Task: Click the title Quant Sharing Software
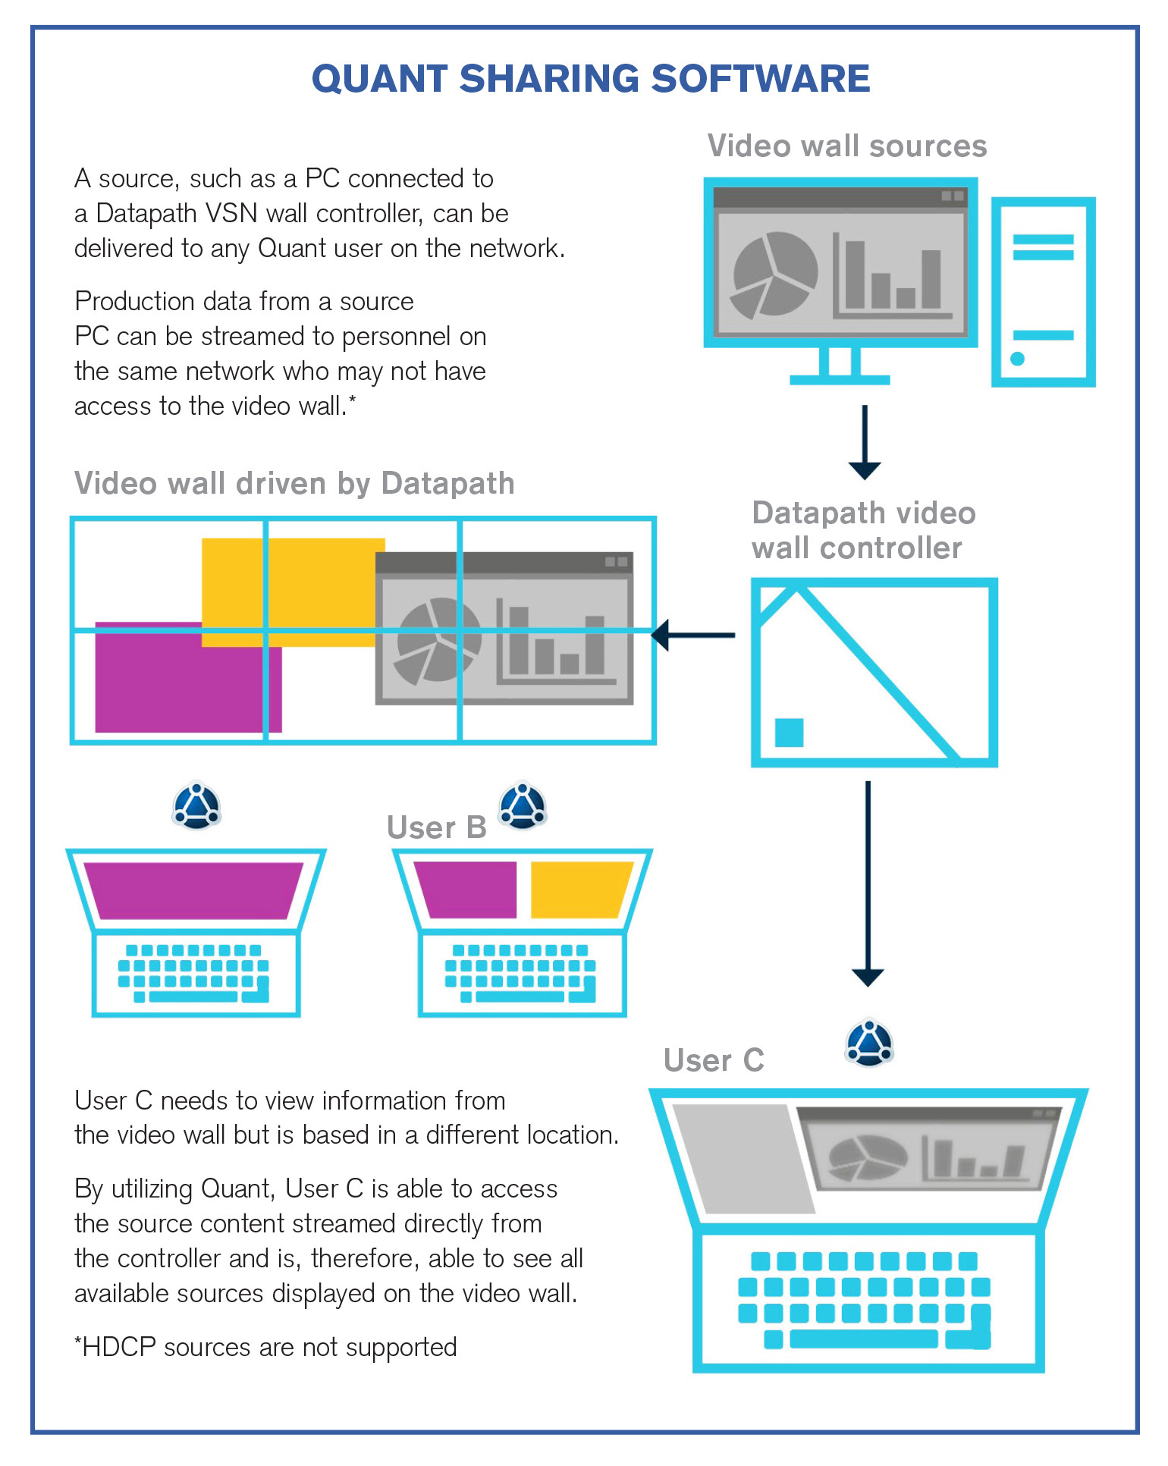tap(591, 79)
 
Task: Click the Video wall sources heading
tap(846, 146)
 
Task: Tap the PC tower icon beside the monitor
tap(1043, 292)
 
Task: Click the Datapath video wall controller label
tap(863, 530)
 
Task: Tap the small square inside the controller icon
tap(789, 733)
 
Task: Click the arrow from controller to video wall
tap(693, 635)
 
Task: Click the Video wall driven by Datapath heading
tap(294, 483)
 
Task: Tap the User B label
tap(436, 827)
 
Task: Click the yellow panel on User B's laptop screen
tap(580, 890)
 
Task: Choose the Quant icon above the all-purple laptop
tap(196, 805)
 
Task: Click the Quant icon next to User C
tap(869, 1044)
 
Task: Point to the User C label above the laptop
tap(714, 1060)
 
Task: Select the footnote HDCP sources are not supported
tap(265, 1347)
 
